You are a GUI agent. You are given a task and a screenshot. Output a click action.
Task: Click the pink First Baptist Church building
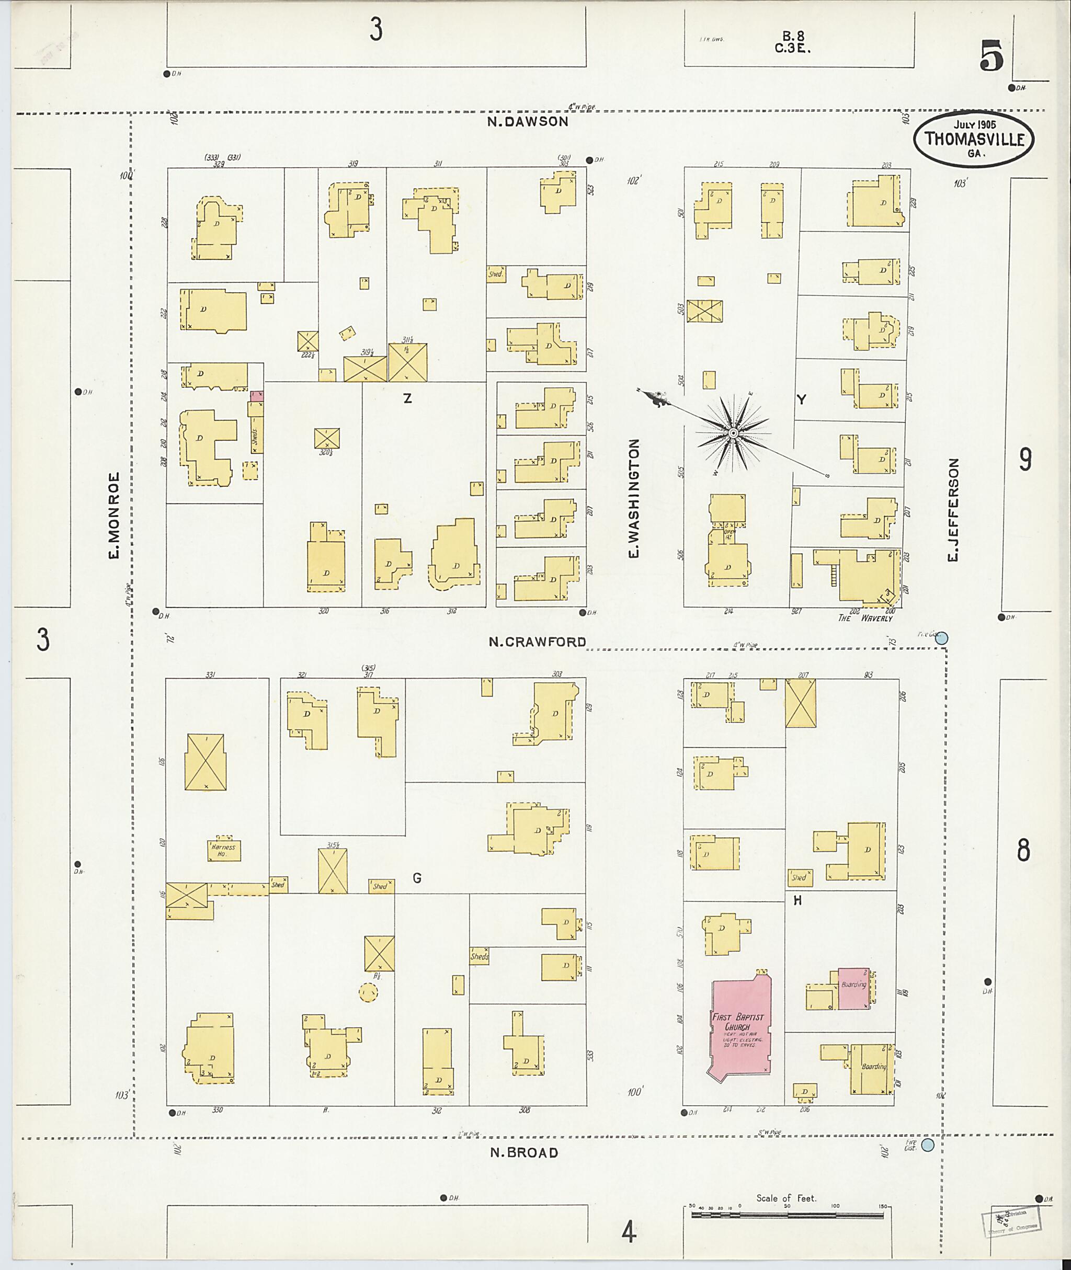coord(740,1025)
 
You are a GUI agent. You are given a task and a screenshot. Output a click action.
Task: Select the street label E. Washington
coord(634,499)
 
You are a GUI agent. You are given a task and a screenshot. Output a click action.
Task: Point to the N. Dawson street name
coord(528,121)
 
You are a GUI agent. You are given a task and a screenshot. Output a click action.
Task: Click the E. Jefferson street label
coord(953,510)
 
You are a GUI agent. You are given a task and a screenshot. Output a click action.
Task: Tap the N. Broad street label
coord(524,1153)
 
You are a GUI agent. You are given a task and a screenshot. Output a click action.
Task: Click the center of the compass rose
coord(733,433)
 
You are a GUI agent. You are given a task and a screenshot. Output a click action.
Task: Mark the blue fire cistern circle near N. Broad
coord(927,1145)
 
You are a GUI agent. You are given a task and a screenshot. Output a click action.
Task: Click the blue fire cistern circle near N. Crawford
coord(942,638)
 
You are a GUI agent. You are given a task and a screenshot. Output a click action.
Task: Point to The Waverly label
coord(865,618)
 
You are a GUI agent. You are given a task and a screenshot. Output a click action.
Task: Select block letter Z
coord(407,398)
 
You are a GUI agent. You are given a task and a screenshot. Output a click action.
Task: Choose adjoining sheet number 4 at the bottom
coord(629,1233)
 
